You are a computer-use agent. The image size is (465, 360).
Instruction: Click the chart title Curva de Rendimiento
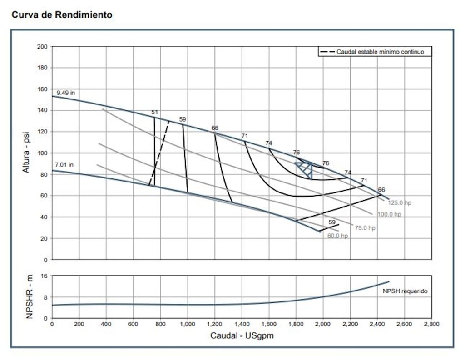(62, 15)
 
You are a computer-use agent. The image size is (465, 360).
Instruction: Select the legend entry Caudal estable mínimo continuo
(380, 52)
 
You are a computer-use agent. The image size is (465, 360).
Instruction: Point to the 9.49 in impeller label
(66, 93)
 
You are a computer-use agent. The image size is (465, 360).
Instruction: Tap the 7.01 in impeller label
(64, 165)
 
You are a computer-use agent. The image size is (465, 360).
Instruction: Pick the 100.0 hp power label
(389, 214)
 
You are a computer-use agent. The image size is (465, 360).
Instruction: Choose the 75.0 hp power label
(365, 228)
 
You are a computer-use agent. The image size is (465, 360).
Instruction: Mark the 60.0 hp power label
(337, 236)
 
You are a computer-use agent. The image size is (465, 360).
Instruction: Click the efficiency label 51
(155, 113)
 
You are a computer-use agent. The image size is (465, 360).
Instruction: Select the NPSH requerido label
(405, 291)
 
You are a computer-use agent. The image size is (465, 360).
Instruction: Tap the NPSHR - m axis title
(30, 296)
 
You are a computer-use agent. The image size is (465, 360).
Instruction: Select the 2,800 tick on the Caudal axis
(431, 325)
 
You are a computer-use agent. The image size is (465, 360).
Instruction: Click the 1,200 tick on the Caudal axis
(214, 325)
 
